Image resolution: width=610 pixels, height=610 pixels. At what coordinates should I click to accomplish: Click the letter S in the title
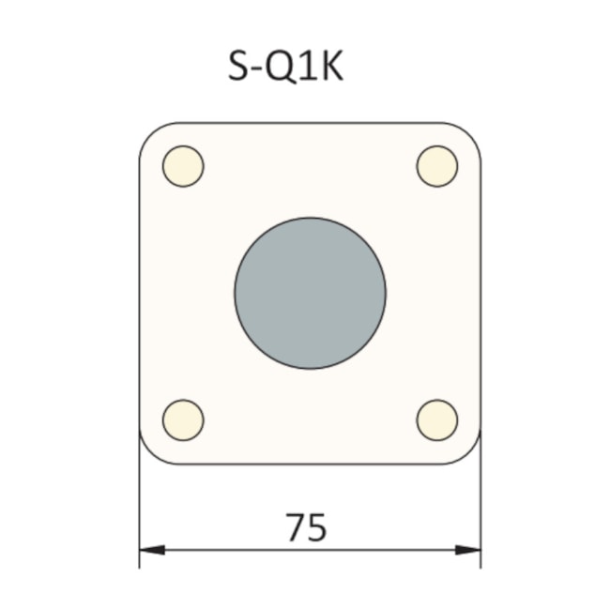click(241, 67)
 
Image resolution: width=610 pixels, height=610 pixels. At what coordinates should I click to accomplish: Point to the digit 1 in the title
click(310, 67)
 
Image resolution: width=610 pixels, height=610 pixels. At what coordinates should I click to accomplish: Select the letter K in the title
click(331, 67)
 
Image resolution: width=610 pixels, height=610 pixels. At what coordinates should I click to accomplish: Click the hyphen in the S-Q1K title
click(260, 70)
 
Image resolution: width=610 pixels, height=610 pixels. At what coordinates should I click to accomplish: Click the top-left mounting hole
click(183, 166)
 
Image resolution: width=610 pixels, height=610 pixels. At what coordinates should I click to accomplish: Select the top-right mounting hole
click(437, 166)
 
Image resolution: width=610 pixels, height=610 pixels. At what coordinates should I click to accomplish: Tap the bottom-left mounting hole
click(183, 419)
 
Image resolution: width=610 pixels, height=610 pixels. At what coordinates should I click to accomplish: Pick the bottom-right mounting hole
click(437, 419)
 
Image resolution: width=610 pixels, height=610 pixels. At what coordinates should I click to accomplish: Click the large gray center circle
click(310, 293)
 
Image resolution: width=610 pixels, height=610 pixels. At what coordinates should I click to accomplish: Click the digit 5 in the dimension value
click(318, 527)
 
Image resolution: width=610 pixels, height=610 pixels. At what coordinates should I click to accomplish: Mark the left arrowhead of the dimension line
click(150, 550)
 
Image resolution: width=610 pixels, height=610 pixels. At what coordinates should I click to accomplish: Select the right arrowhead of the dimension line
click(469, 550)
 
